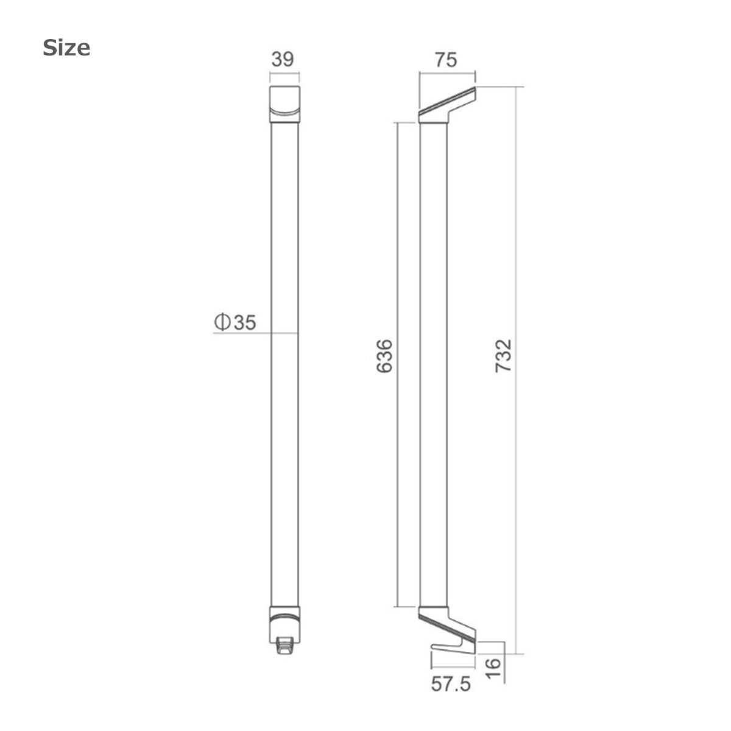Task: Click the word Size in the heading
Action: [x=66, y=48]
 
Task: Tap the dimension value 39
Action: [x=283, y=60]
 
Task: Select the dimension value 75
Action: [x=446, y=60]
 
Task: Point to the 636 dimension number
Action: [x=384, y=356]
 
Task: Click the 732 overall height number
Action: [x=503, y=356]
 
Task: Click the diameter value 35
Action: [x=245, y=322]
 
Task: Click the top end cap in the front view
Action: [x=284, y=104]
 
